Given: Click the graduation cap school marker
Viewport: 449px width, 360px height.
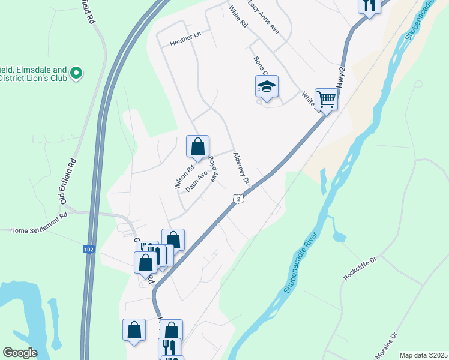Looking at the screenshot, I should (x=266, y=87).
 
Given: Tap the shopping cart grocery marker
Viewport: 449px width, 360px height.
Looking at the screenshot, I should (x=326, y=99).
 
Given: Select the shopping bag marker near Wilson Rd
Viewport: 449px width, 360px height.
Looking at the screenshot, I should (x=197, y=146).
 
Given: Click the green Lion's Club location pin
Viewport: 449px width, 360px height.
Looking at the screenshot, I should (x=76, y=73).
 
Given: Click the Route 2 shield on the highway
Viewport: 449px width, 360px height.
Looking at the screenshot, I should (x=238, y=199).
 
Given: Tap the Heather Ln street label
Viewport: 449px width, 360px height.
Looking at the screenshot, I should (x=185, y=40).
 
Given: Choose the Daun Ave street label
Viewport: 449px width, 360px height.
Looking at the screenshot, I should (x=196, y=182).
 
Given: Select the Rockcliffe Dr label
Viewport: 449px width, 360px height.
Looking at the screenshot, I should (x=360, y=268).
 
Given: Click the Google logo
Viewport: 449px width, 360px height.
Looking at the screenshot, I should (x=20, y=353).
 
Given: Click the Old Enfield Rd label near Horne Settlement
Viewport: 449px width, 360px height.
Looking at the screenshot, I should (x=68, y=181).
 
